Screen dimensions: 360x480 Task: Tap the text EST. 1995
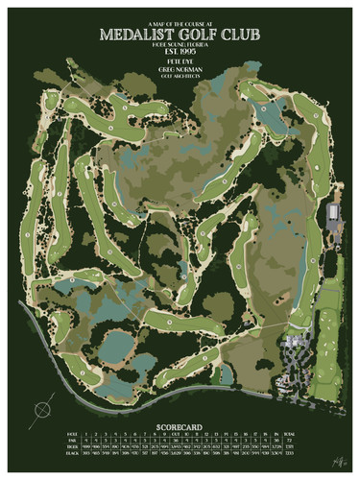pos(180,54)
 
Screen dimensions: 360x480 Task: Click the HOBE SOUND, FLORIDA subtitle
pos(180,44)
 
